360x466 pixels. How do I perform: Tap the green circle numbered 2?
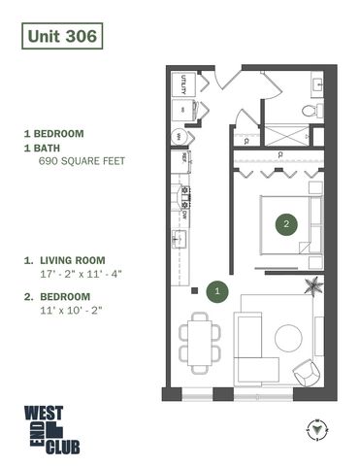(x=285, y=224)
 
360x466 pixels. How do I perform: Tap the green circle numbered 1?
(x=218, y=288)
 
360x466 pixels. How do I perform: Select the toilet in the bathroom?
(x=311, y=110)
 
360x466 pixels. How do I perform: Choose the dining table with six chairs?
(x=199, y=342)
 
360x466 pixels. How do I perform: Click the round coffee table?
(x=289, y=338)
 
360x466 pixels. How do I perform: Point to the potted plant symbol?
(x=313, y=285)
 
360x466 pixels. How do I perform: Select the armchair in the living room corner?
(x=305, y=371)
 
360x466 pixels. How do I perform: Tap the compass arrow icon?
(x=316, y=426)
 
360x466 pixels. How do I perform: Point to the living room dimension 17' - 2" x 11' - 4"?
(x=78, y=275)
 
